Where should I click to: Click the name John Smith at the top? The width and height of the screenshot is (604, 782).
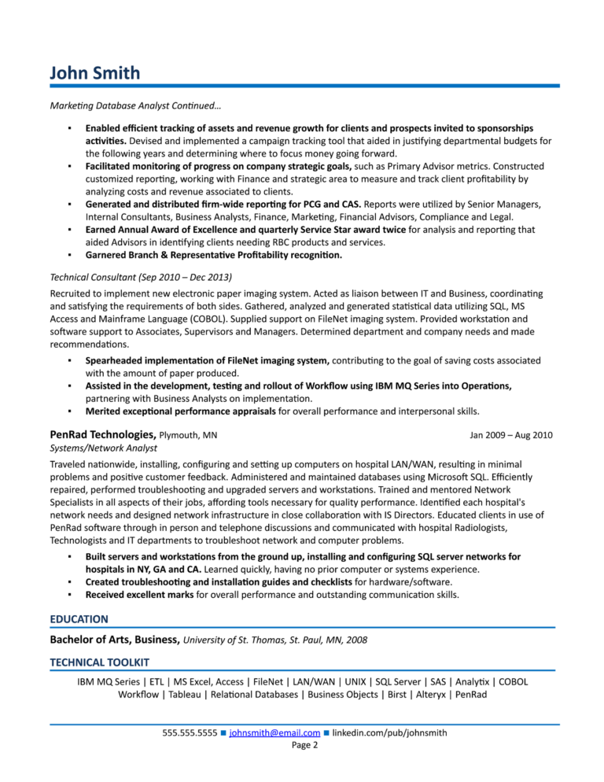click(94, 73)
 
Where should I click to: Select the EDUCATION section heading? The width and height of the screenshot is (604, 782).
click(79, 619)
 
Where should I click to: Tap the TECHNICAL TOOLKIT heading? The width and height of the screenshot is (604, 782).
click(99, 662)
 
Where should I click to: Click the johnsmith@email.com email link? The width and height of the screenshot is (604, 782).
click(274, 733)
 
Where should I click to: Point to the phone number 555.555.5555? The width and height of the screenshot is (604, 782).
click(190, 733)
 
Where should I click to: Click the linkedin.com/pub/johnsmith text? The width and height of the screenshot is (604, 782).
click(390, 733)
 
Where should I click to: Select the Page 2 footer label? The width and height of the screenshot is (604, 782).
click(304, 745)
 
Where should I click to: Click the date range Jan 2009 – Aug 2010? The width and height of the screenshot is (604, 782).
click(511, 435)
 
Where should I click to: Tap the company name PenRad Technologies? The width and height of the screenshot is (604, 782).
click(101, 434)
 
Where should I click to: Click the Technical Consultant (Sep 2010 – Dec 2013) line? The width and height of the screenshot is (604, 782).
click(141, 277)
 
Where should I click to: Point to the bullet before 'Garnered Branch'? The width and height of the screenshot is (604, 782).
click(69, 255)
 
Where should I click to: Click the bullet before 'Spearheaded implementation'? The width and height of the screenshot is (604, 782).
click(69, 360)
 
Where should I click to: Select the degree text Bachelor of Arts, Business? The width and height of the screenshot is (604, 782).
click(115, 640)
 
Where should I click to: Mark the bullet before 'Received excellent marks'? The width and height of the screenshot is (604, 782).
click(69, 595)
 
